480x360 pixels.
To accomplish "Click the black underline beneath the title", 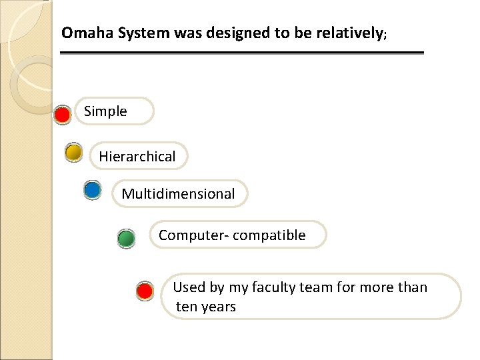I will coord(241,53).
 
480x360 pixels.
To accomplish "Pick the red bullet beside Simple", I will coord(63,115).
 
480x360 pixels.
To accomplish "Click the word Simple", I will coord(105,111).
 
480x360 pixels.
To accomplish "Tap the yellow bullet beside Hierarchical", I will coord(74,153).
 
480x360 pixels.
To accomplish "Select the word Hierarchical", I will coord(137,157).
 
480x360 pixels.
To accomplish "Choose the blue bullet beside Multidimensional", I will coord(93,190).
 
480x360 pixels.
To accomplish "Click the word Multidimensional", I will coord(178,194).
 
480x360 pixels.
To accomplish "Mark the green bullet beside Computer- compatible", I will coord(126,238).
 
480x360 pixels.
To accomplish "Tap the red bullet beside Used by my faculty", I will coord(145,291).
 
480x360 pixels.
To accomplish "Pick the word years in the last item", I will coord(218,307).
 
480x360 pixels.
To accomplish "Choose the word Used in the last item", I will coord(189,287).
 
